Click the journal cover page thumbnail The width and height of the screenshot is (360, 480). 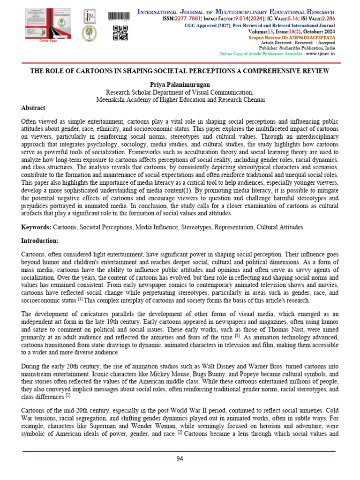coord(41,23)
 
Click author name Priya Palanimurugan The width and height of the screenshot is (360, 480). coord(180,84)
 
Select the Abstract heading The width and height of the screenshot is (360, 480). coord(33,108)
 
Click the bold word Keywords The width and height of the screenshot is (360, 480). coord(36,227)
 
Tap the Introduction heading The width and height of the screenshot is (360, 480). coord(40,240)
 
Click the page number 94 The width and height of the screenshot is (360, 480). coord(180,459)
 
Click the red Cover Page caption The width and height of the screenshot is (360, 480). coord(47,41)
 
